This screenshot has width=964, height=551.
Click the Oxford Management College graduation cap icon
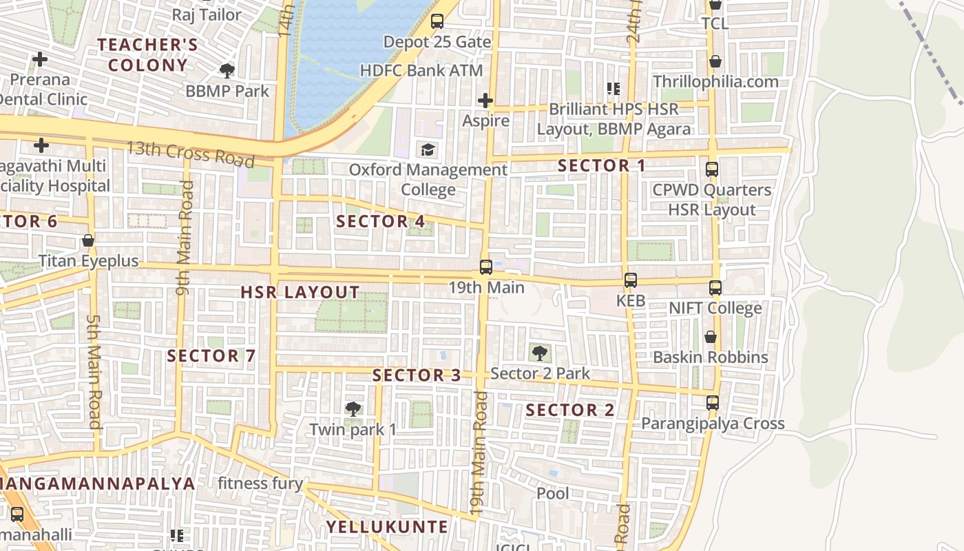tap(428, 149)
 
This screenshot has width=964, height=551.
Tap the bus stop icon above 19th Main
tap(486, 267)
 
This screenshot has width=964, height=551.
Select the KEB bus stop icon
tap(630, 280)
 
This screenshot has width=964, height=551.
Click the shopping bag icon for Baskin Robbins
tap(710, 337)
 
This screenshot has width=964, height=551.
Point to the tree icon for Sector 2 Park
tap(540, 353)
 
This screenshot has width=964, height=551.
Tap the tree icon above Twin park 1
tap(353, 409)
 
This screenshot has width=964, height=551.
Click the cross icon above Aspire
tap(485, 101)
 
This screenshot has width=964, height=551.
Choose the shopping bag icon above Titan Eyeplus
tap(88, 241)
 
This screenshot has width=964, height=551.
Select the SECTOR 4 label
tap(381, 221)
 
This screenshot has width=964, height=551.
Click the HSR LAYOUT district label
tap(300, 292)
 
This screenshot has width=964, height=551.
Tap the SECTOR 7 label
tap(211, 356)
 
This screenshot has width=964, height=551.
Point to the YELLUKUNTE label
tap(387, 527)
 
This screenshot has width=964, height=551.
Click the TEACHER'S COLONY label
tap(147, 55)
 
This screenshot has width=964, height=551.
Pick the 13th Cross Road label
tap(191, 154)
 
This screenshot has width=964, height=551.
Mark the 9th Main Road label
tap(185, 238)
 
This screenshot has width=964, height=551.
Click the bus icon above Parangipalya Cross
tap(713, 403)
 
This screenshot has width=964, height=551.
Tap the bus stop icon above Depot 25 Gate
tap(437, 21)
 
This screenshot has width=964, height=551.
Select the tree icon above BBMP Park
tap(227, 70)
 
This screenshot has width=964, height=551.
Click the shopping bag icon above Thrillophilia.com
tap(715, 61)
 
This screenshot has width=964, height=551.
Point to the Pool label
tap(553, 493)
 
